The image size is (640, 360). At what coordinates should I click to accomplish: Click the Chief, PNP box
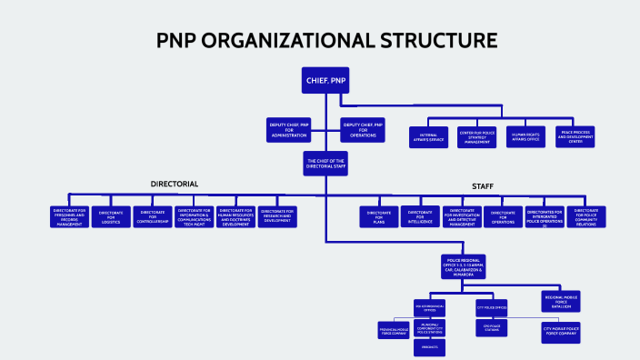(325, 81)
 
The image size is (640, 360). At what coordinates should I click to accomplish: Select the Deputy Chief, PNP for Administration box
(288, 128)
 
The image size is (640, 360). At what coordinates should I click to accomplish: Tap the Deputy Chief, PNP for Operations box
(362, 128)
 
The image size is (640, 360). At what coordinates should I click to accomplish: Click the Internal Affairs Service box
(428, 136)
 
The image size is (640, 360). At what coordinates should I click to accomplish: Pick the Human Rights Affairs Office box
(525, 136)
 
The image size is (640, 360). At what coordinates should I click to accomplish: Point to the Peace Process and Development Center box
(575, 136)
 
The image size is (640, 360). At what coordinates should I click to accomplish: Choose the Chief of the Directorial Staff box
(325, 164)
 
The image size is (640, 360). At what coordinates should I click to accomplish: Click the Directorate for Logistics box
(111, 216)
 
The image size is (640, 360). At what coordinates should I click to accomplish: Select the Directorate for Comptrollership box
(153, 216)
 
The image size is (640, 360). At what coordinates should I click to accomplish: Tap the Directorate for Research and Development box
(278, 215)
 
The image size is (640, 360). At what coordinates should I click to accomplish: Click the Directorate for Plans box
(378, 216)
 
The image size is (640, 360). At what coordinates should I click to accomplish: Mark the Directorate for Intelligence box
(420, 216)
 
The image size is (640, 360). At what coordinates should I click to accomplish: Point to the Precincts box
(431, 346)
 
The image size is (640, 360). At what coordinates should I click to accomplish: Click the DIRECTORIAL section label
(174, 184)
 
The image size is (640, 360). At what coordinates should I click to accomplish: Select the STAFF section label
(482, 186)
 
